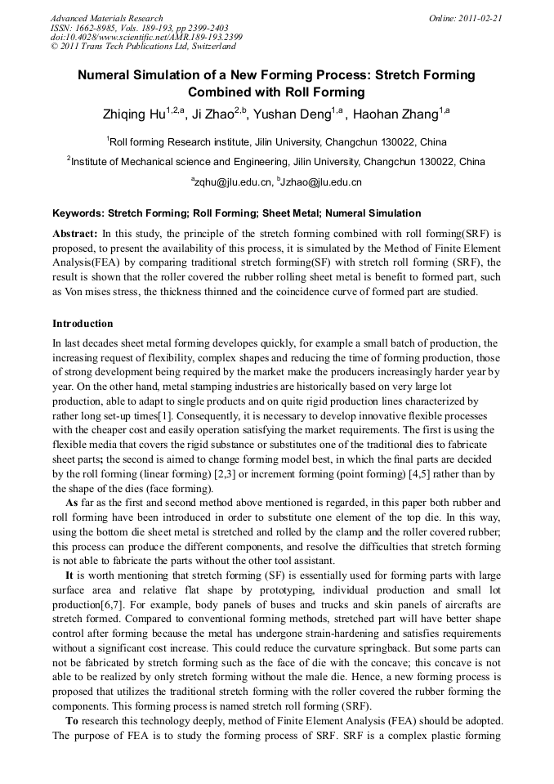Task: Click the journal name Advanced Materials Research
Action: (x=106, y=18)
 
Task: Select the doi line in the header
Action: (x=146, y=38)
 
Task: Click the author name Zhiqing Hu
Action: (x=133, y=115)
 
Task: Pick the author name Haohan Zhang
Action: (x=395, y=115)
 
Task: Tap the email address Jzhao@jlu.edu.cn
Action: (x=321, y=182)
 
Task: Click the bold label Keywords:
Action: (x=78, y=213)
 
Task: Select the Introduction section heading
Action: (x=83, y=324)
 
